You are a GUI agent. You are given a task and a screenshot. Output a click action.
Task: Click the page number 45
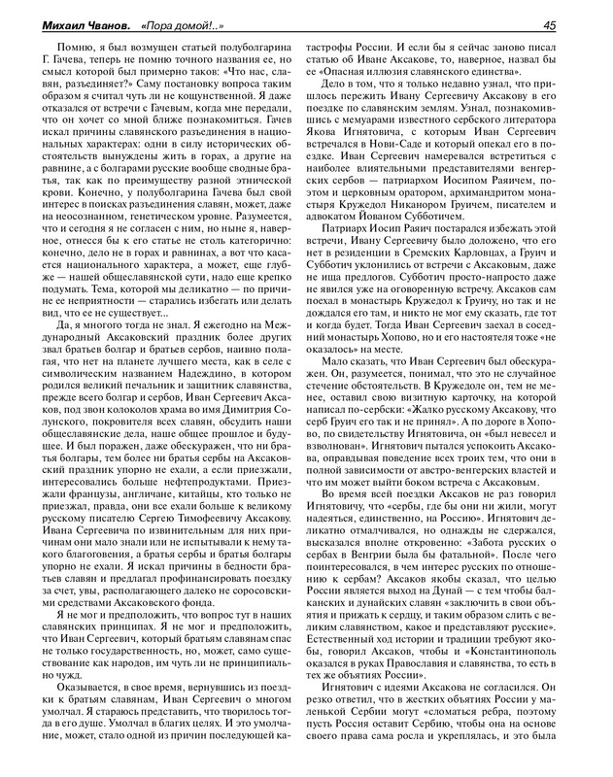pos(575,25)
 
